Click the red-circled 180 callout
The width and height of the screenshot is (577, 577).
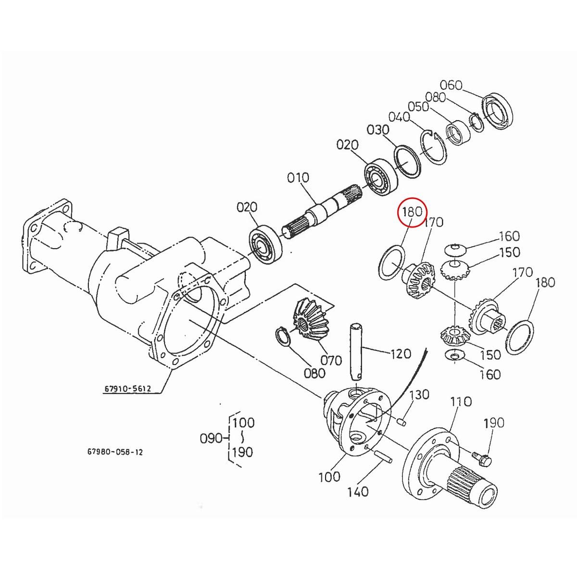(x=412, y=212)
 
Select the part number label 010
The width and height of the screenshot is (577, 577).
(x=298, y=178)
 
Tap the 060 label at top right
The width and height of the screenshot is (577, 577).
(x=451, y=86)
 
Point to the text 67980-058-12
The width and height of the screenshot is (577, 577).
(x=115, y=452)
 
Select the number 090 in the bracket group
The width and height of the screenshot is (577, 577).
(x=211, y=438)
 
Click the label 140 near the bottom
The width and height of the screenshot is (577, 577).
(x=358, y=491)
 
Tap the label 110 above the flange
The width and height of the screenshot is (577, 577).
(x=461, y=401)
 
